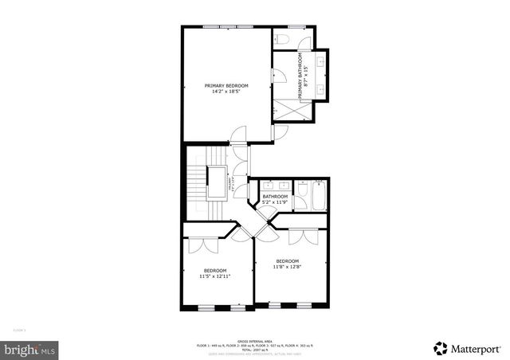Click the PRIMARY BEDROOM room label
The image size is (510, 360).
click(226, 85)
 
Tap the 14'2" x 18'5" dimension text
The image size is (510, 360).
click(226, 92)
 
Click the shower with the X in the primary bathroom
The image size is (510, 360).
click(284, 112)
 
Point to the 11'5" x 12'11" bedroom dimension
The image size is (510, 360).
click(214, 276)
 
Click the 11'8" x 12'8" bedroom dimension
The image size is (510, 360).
click(287, 267)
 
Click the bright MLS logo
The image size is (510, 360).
click(30, 348)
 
